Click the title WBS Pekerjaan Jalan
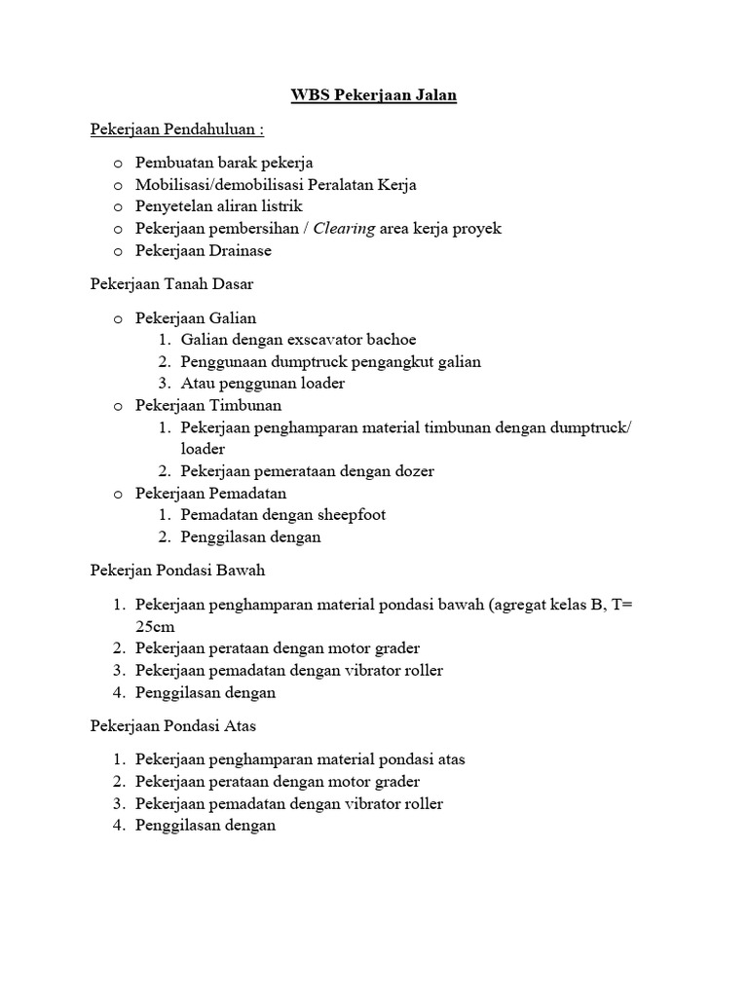pyautogui.click(x=374, y=95)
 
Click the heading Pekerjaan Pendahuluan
pyautogui.click(x=177, y=129)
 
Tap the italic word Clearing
pyautogui.click(x=344, y=229)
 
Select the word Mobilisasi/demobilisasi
pyautogui.click(x=219, y=184)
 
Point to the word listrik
pyautogui.click(x=280, y=206)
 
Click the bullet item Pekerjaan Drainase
pyautogui.click(x=204, y=250)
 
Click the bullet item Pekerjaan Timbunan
pyautogui.click(x=208, y=405)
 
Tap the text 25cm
pyautogui.click(x=156, y=626)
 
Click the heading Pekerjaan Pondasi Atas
pyautogui.click(x=172, y=725)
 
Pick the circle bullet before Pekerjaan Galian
pyautogui.click(x=118, y=318)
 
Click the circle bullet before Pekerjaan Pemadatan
pyautogui.click(x=118, y=494)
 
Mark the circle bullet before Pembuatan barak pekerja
pyautogui.click(x=118, y=163)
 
